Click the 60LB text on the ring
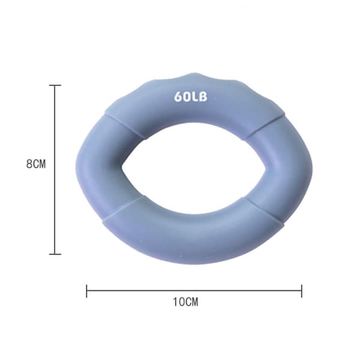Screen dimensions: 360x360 (x=191, y=97)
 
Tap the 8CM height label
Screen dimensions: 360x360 (x=36, y=164)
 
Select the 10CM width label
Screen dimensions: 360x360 (x=185, y=302)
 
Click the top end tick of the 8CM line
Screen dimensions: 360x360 (x=55, y=85)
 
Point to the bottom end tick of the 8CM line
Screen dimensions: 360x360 (x=55, y=254)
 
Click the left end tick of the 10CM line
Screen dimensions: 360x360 (x=86, y=291)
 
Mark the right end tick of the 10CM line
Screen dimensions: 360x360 (x=302, y=291)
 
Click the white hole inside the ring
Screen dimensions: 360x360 (x=194, y=168)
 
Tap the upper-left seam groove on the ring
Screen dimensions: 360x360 (x=125, y=126)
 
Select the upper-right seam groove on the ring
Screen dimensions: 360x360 (x=265, y=127)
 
